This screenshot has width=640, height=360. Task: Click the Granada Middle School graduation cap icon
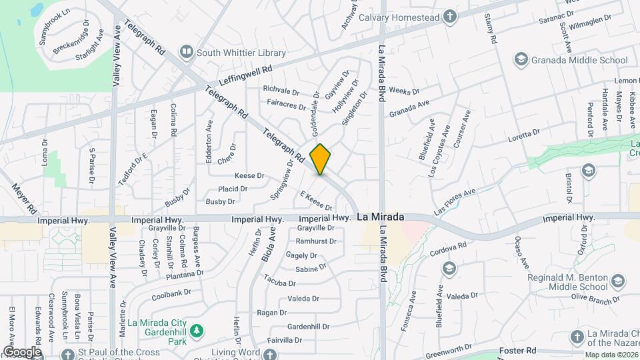pyautogui.click(x=521, y=60)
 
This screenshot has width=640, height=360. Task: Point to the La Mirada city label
pyautogui.click(x=380, y=217)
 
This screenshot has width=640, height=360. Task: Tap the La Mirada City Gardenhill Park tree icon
pyautogui.click(x=196, y=330)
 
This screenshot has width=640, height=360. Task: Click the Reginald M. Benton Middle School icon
pyautogui.click(x=618, y=282)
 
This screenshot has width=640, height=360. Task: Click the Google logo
pyautogui.click(x=22, y=351)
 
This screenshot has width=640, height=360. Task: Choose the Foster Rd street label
pyautogui.click(x=519, y=351)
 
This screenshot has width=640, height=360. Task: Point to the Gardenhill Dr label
pyautogui.click(x=308, y=327)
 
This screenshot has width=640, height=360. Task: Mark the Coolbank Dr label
pyautogui.click(x=171, y=293)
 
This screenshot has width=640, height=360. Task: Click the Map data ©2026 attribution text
pyautogui.click(x=611, y=355)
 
